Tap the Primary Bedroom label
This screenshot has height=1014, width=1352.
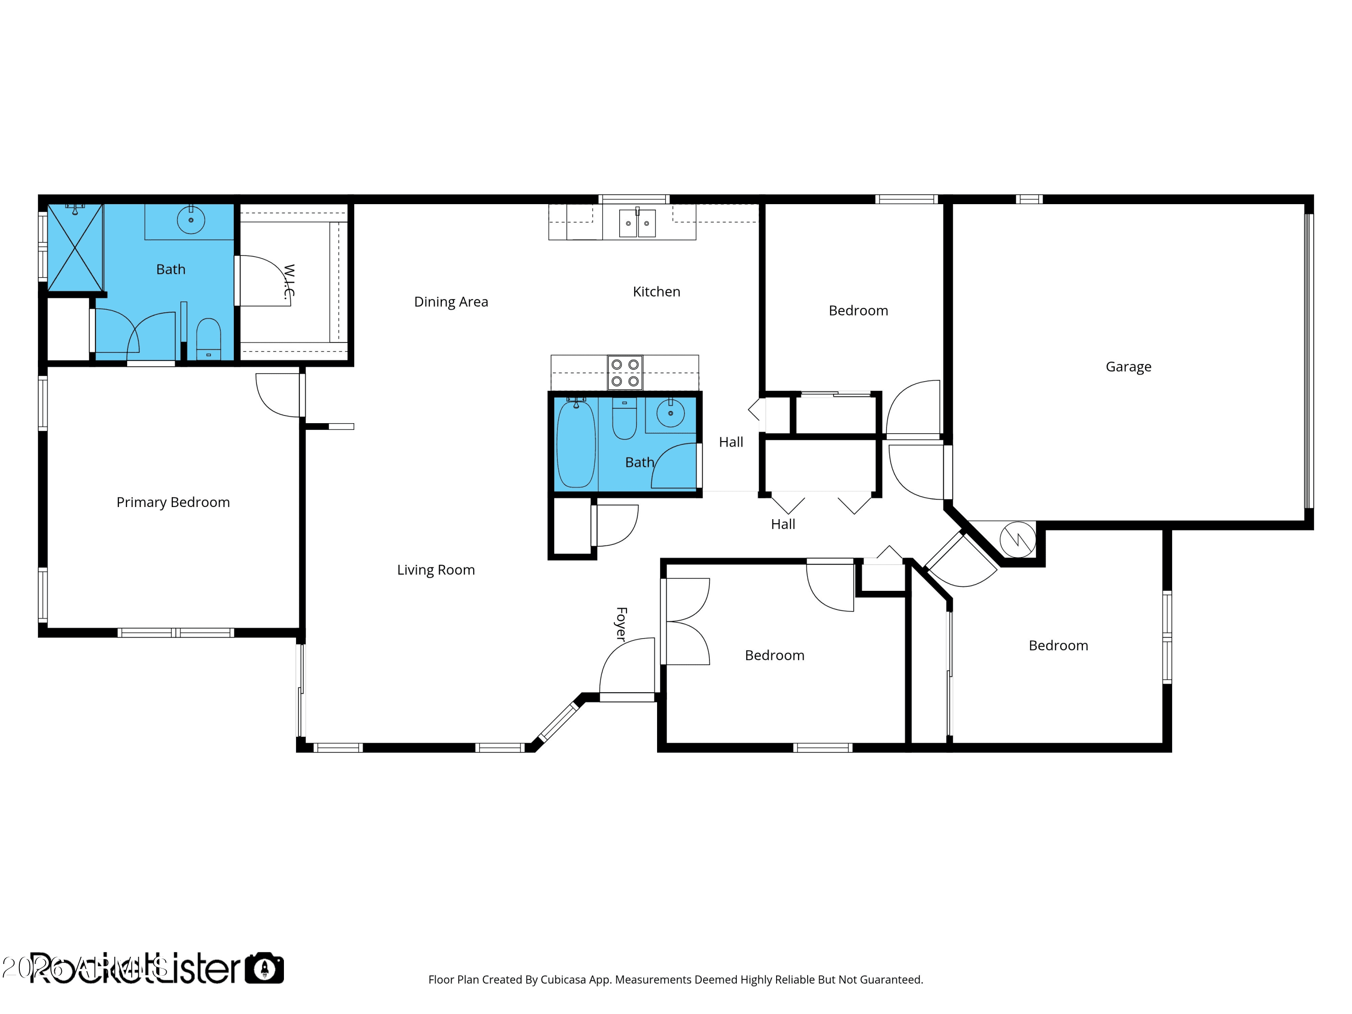coord(173,502)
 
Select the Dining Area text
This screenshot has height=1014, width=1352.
coord(451,302)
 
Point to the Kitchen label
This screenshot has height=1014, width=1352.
coord(656,292)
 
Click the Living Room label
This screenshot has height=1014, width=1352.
coord(435,570)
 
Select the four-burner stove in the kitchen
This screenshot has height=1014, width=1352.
coord(625,372)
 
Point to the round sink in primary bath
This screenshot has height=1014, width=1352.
coord(191,220)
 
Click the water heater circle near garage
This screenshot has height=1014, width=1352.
coord(1017,539)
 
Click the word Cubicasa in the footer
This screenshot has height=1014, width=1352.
coord(562,980)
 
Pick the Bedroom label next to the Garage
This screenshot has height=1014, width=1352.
coord(858,311)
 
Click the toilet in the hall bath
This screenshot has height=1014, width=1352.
coord(624,419)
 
